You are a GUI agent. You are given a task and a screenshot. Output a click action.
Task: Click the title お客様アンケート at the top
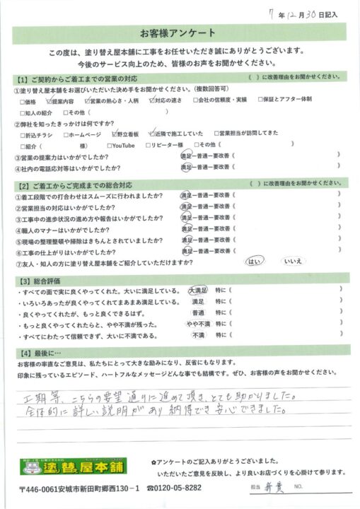tap(180, 34)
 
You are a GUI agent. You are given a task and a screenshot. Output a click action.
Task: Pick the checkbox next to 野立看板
tap(115, 133)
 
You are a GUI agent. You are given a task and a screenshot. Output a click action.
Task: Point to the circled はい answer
tap(252, 262)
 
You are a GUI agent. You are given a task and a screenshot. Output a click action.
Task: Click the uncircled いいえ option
tap(293, 262)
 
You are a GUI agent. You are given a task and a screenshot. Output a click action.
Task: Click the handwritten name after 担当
tap(273, 488)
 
